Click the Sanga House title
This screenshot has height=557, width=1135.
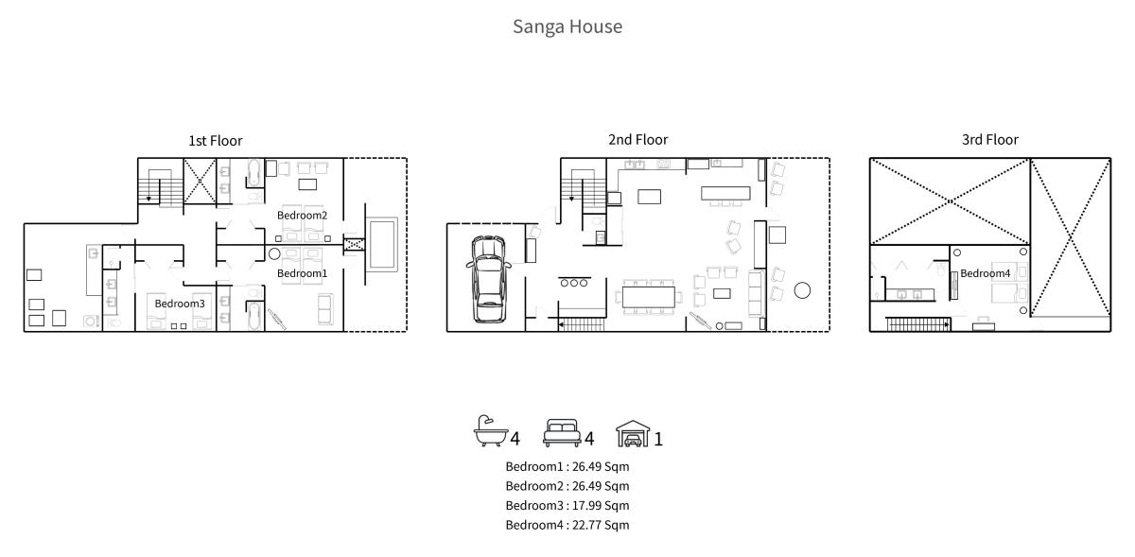567,26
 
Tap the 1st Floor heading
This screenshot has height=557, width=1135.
216,140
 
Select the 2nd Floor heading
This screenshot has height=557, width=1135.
637,139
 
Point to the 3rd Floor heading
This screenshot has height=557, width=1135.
990,139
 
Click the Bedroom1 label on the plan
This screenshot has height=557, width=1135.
302,273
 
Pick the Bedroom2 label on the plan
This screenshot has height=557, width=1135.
302,215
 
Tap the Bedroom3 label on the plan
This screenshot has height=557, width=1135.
180,303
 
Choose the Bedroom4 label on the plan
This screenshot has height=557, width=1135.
985,273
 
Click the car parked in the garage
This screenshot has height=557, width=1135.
488,279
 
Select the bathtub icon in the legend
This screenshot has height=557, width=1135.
491,431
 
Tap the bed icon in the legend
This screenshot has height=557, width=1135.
562,433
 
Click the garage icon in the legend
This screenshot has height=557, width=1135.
633,433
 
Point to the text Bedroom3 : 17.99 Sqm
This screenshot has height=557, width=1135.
567,505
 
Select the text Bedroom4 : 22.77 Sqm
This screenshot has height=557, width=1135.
567,525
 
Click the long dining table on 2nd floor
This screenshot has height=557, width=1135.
649,297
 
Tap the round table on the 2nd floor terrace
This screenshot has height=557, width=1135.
802,290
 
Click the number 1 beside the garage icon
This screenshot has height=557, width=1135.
658,439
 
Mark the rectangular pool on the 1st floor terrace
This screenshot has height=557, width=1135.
383,244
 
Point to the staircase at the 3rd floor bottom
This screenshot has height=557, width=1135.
917,324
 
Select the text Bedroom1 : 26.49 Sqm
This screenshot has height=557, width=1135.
567,466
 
